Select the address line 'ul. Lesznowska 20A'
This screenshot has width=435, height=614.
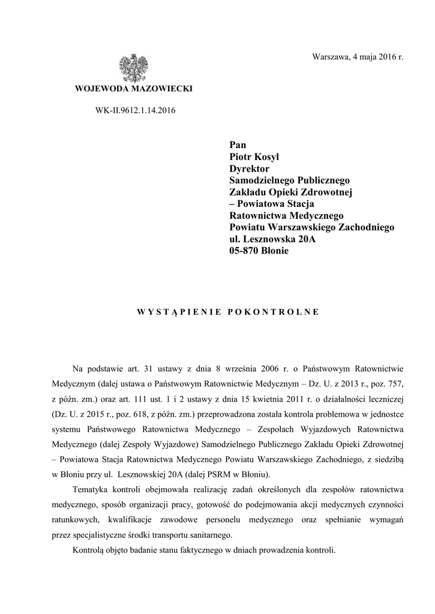coord(272,239)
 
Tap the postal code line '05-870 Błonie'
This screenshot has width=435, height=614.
coord(259,251)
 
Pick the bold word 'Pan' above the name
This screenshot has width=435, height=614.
coord(238,145)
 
